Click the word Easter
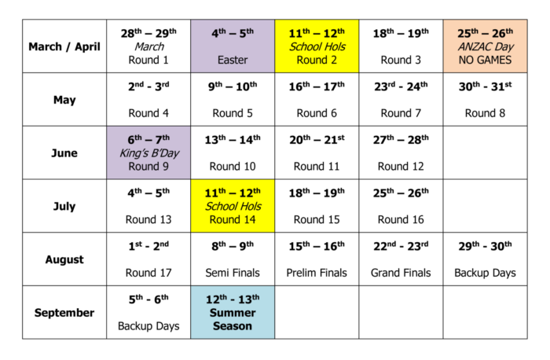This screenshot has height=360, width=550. (233, 60)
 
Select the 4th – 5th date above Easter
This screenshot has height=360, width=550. (233, 33)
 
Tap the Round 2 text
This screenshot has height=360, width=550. (317, 60)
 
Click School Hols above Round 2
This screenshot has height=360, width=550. (317, 46)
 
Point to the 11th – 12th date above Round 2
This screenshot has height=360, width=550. (317, 33)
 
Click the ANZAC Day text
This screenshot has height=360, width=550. (485, 46)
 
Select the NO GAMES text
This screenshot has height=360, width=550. (485, 60)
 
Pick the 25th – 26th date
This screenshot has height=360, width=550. (485, 33)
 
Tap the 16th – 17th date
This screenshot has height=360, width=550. (317, 86)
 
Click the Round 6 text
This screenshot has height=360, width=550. (317, 113)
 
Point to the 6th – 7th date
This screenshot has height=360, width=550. (148, 139)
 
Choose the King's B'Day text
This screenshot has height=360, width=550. (148, 152)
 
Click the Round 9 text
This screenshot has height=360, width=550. (148, 166)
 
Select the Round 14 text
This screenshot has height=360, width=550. (233, 219)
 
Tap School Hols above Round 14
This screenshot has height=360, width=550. (233, 206)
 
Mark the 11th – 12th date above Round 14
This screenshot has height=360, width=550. (233, 193)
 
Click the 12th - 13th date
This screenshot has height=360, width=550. (233, 299)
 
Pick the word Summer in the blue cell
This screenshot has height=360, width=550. (233, 312)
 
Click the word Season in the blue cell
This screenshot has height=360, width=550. (233, 325)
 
